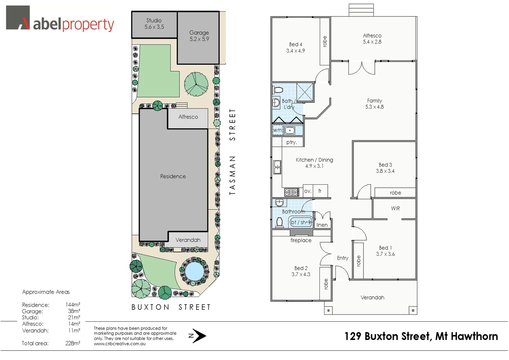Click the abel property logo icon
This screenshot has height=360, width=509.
coord(18,18)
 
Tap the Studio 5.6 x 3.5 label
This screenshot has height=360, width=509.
coord(154,24)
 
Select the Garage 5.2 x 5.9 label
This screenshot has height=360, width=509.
coord(199,36)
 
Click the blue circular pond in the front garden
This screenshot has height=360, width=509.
coord(194,270)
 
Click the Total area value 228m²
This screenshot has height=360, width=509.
coord(73,343)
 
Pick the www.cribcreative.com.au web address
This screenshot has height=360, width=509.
coord(120,344)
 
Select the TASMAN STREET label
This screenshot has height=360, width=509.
coord(232,152)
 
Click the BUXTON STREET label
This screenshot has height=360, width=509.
coord(171,307)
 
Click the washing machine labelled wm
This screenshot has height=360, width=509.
coord(277,130)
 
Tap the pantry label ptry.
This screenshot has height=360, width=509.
coord(291,142)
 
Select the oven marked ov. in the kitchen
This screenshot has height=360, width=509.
coord(307,191)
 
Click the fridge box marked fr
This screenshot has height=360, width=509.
coord(320,191)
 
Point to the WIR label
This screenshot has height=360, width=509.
coord(395,208)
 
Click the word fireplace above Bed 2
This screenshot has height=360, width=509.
coord(301,240)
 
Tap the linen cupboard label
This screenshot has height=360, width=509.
coord(322,225)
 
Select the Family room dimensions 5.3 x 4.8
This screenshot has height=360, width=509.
coord(374,107)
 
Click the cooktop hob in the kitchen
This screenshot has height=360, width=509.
coord(291,192)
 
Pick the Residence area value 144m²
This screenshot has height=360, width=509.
coord(73,305)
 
